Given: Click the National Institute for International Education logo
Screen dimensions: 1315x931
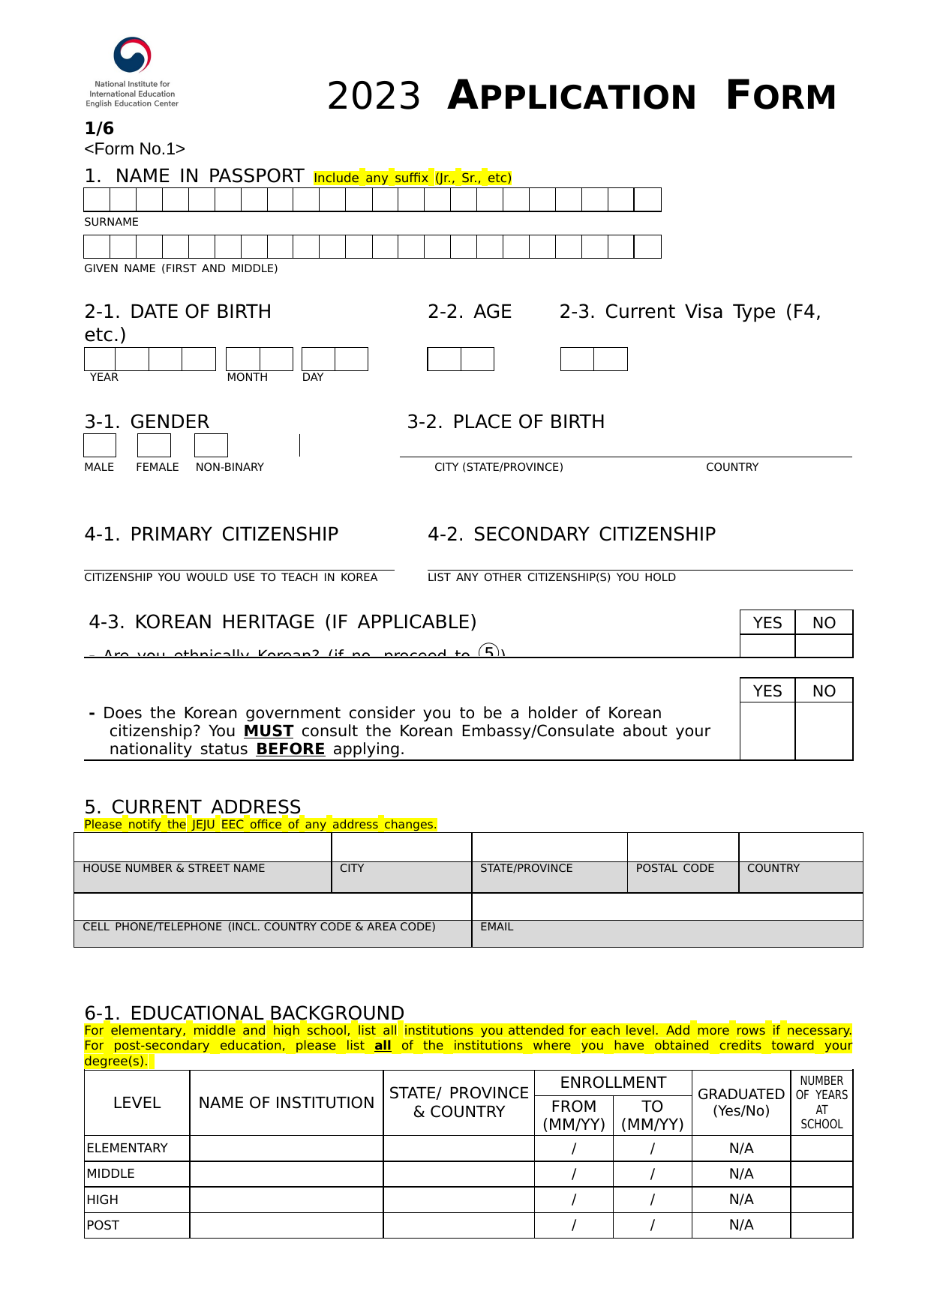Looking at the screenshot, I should coord(132,72).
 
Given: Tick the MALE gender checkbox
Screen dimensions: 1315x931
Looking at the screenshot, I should coord(100,445).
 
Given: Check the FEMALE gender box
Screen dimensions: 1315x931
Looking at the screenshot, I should coord(154,445).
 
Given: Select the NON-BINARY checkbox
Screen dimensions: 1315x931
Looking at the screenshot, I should coord(211,445).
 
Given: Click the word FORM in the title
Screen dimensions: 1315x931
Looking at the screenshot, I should coord(780,96).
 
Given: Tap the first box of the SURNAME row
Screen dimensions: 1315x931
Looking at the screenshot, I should coord(97,199).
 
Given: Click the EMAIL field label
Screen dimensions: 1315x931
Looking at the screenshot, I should coord(497,927).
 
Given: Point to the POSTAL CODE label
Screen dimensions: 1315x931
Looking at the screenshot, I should coord(674,868).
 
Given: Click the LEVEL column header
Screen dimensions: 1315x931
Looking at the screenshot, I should coord(137,1103).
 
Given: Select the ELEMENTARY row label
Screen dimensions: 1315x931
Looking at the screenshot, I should coord(127,1148).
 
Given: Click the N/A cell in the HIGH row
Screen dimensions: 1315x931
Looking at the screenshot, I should coord(740,1200).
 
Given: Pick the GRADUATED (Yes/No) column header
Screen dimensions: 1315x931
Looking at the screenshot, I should coord(740,1102).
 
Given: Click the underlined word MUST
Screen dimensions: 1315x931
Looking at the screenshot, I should coord(268,731).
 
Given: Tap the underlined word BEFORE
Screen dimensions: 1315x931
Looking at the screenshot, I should coord(290,749).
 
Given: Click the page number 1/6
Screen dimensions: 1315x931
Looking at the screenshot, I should coord(99,128).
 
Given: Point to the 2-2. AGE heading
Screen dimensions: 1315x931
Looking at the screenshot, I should coord(470,312).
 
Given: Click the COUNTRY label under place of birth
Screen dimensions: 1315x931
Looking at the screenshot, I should coord(731,467).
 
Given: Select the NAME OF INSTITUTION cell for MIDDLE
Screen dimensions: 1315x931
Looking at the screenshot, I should coord(286,1174).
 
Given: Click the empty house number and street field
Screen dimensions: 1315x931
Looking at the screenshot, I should coord(203,847).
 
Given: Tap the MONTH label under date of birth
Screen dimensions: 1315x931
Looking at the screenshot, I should coord(247,377).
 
